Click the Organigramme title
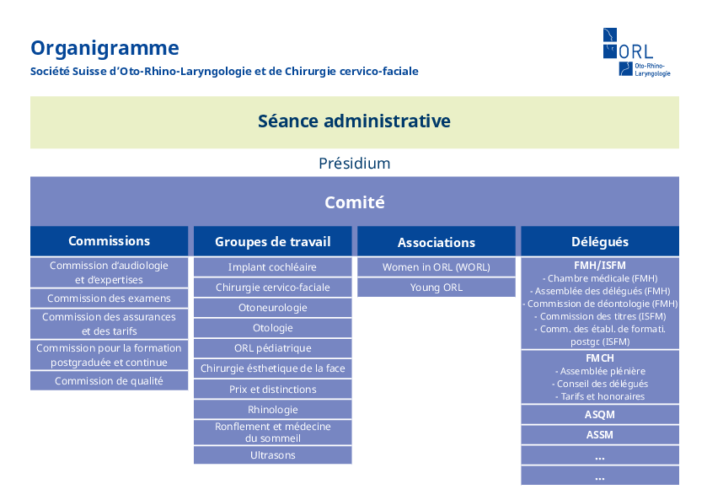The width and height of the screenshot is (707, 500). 104,48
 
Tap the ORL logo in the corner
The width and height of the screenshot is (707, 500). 636,52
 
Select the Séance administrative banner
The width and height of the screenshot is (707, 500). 354,121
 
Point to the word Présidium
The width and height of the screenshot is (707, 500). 354,163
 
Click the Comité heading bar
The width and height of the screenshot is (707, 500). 354,202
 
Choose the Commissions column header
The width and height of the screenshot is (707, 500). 109,241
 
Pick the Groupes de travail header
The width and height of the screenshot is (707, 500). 272,242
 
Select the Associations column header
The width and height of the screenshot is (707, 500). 436,243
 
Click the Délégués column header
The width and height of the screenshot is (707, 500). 599,242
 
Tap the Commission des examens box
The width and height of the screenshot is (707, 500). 109,298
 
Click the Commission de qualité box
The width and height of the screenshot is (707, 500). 109,381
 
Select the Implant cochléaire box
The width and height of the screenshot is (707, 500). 272,267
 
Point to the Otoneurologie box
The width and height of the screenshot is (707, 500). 272,308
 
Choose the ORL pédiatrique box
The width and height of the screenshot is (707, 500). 272,348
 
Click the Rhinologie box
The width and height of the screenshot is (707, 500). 272,410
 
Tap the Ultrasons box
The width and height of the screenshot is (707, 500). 272,455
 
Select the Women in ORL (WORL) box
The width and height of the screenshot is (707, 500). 436,267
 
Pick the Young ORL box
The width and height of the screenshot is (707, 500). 436,288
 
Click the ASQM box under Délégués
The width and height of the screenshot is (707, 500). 599,415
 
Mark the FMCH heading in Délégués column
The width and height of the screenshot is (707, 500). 599,358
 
